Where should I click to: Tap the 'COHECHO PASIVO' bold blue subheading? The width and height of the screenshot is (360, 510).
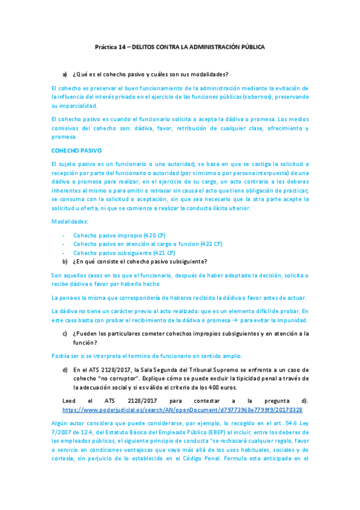pyautogui.click(x=76, y=150)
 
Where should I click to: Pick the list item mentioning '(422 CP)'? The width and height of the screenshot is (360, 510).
pyautogui.click(x=148, y=244)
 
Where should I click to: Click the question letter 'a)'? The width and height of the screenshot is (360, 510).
pyautogui.click(x=65, y=74)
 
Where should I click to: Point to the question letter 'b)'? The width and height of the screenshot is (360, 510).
pyautogui.click(x=65, y=262)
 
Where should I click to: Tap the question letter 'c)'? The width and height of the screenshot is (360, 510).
pyautogui.click(x=65, y=333)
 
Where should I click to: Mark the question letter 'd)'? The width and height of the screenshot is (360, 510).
pyautogui.click(x=65, y=370)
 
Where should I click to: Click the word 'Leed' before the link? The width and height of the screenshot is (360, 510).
pyautogui.click(x=70, y=400)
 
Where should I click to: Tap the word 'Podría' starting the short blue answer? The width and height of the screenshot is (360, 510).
pyautogui.click(x=61, y=355)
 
